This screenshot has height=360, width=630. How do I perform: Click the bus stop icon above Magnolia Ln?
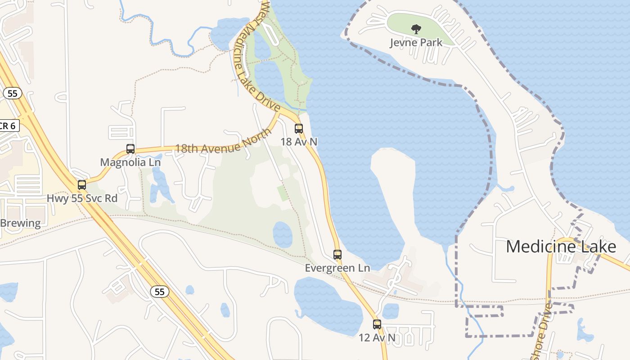(x=130, y=148)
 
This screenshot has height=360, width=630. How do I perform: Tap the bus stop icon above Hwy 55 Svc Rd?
(x=81, y=184)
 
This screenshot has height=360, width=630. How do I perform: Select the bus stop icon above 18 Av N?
(x=299, y=129)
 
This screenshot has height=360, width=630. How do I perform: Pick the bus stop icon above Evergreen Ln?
(x=337, y=254)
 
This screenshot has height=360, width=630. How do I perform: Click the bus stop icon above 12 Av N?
(x=377, y=324)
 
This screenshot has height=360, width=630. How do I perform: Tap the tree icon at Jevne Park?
(x=416, y=30)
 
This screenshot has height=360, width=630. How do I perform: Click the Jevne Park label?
(x=416, y=43)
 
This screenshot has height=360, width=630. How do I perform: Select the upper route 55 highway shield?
(x=12, y=93)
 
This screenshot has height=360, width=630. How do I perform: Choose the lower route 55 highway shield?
(x=160, y=292)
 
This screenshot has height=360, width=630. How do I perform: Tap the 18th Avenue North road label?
(x=223, y=142)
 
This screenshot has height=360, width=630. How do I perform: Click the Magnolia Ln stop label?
(x=130, y=162)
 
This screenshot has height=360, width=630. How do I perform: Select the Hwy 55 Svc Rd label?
(x=82, y=198)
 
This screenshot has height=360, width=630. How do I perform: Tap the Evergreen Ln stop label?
(x=337, y=268)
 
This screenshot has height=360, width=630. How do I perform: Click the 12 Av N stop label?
(x=377, y=337)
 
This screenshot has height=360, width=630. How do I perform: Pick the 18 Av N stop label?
(x=299, y=142)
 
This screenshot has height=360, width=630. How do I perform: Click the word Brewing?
(x=20, y=223)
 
